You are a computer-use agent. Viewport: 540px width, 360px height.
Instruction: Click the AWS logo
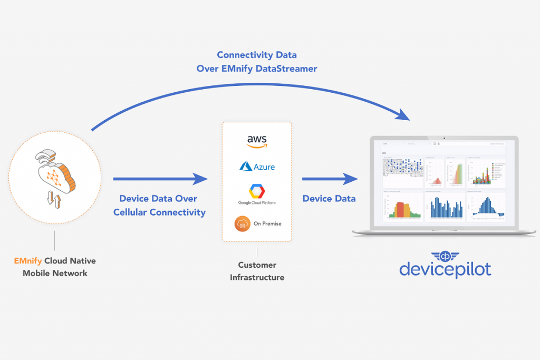coord(257,141)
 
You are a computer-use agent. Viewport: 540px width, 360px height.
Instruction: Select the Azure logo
coord(257,167)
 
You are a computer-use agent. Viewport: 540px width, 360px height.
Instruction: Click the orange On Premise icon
coord(243,223)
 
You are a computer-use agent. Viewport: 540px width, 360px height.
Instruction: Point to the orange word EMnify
coord(28,261)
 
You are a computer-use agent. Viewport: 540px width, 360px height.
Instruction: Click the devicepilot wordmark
coord(445,269)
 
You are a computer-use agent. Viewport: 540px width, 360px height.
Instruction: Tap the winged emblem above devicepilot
coord(445,254)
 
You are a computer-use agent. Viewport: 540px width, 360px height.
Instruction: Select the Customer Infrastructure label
coord(257,271)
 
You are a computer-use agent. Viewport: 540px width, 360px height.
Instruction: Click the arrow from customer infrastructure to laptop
coord(329,179)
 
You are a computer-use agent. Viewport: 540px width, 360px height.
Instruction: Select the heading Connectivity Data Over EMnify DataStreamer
coord(256,62)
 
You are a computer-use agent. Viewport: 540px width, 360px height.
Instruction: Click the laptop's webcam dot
coord(444,139)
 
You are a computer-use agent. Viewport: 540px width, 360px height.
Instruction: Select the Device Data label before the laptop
coord(329,198)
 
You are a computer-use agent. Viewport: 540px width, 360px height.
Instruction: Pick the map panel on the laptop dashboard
coord(402,171)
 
